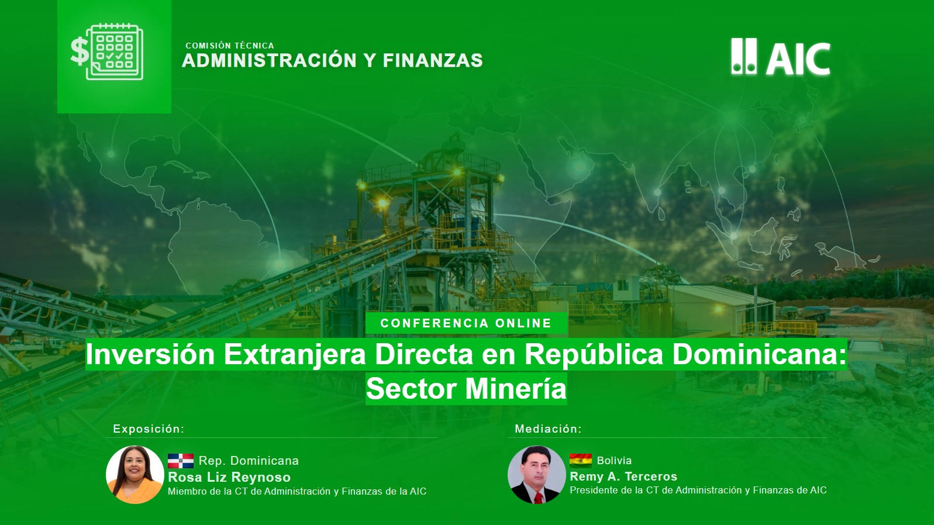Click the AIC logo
[x=781, y=57]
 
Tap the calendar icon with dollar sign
[x=107, y=52]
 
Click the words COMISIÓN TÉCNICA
[x=230, y=46]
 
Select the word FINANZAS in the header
[x=433, y=60]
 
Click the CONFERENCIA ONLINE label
[x=466, y=323]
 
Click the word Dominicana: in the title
[x=759, y=355]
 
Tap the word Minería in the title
[x=516, y=389]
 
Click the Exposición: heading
[x=149, y=429]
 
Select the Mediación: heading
[x=549, y=429]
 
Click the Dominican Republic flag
[x=181, y=461]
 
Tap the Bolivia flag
[x=580, y=461]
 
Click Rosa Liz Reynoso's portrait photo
[x=135, y=475]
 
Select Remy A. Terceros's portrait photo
[x=537, y=475]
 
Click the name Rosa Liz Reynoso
[x=229, y=477]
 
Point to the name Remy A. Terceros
[x=624, y=476]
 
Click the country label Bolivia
[x=614, y=461]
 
